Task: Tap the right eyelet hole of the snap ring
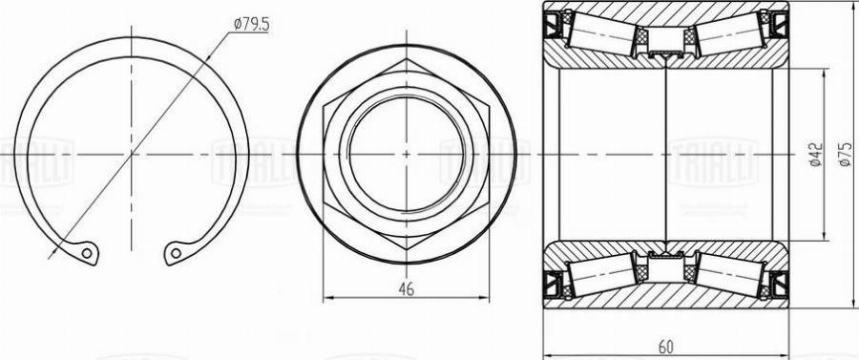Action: click(174, 253)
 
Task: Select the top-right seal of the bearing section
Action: click(780, 23)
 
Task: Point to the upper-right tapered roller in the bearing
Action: click(729, 36)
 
